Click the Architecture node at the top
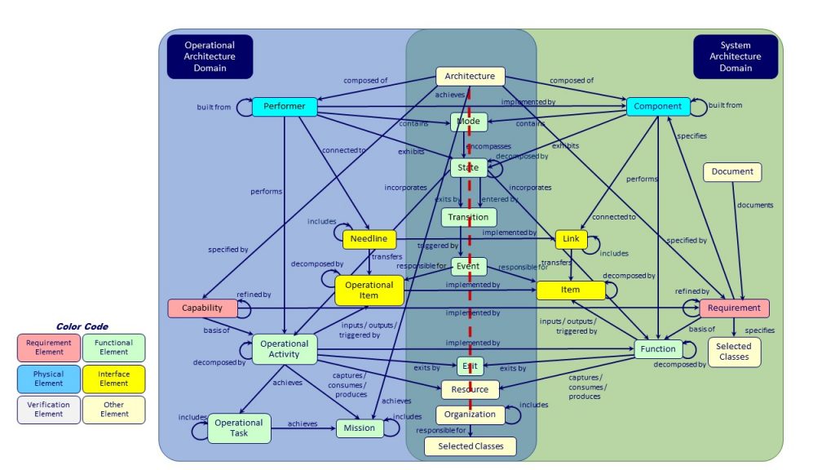click(470, 76)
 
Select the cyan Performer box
click(284, 107)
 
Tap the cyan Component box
click(657, 106)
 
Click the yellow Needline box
click(369, 239)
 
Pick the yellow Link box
click(571, 239)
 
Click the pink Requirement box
click(734, 308)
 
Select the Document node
click(732, 172)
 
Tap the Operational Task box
click(239, 428)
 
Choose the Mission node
click(359, 428)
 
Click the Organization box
click(470, 415)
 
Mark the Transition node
click(468, 217)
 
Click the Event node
click(468, 266)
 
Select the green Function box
click(657, 349)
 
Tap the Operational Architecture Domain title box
click(210, 57)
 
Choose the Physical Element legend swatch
click(48, 379)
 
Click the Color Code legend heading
click(82, 326)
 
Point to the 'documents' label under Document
click(754, 206)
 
